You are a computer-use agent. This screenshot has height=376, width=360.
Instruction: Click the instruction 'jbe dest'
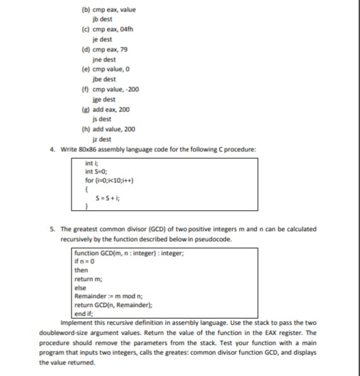[104, 79]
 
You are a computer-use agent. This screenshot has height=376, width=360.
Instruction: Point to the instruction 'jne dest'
[104, 59]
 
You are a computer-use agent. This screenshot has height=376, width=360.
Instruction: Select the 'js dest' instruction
[102, 119]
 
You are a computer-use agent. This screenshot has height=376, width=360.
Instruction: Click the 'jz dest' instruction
[102, 139]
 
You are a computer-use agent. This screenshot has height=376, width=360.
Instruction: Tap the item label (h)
[85, 129]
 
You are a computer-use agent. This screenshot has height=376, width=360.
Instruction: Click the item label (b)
[85, 9]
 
